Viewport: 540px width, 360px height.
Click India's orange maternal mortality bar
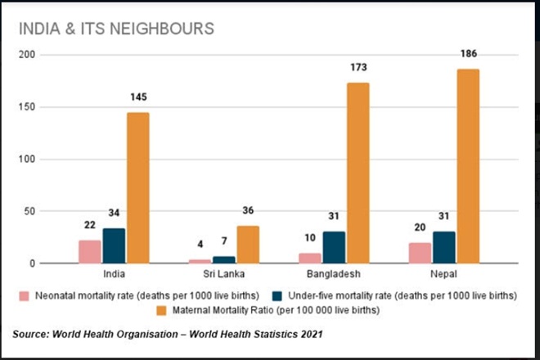(x=137, y=188)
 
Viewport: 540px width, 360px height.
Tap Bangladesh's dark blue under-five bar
(x=334, y=247)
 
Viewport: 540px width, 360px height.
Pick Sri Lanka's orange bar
(x=248, y=245)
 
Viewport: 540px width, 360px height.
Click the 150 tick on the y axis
(x=30, y=107)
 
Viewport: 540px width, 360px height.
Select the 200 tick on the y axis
(x=30, y=55)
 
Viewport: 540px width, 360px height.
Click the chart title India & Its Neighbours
(x=116, y=29)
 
